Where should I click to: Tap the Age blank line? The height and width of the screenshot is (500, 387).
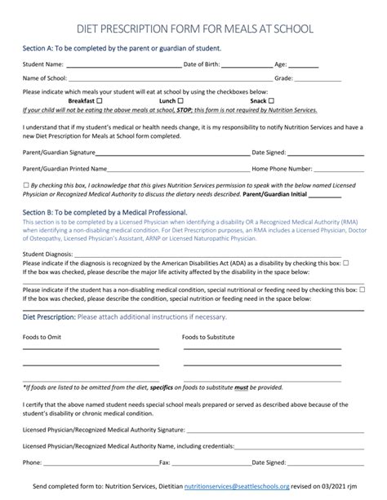[304, 65]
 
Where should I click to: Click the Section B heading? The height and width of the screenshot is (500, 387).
[123, 212]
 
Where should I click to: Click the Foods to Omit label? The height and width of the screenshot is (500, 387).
[42, 336]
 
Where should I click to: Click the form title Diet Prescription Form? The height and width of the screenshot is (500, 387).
[193, 28]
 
